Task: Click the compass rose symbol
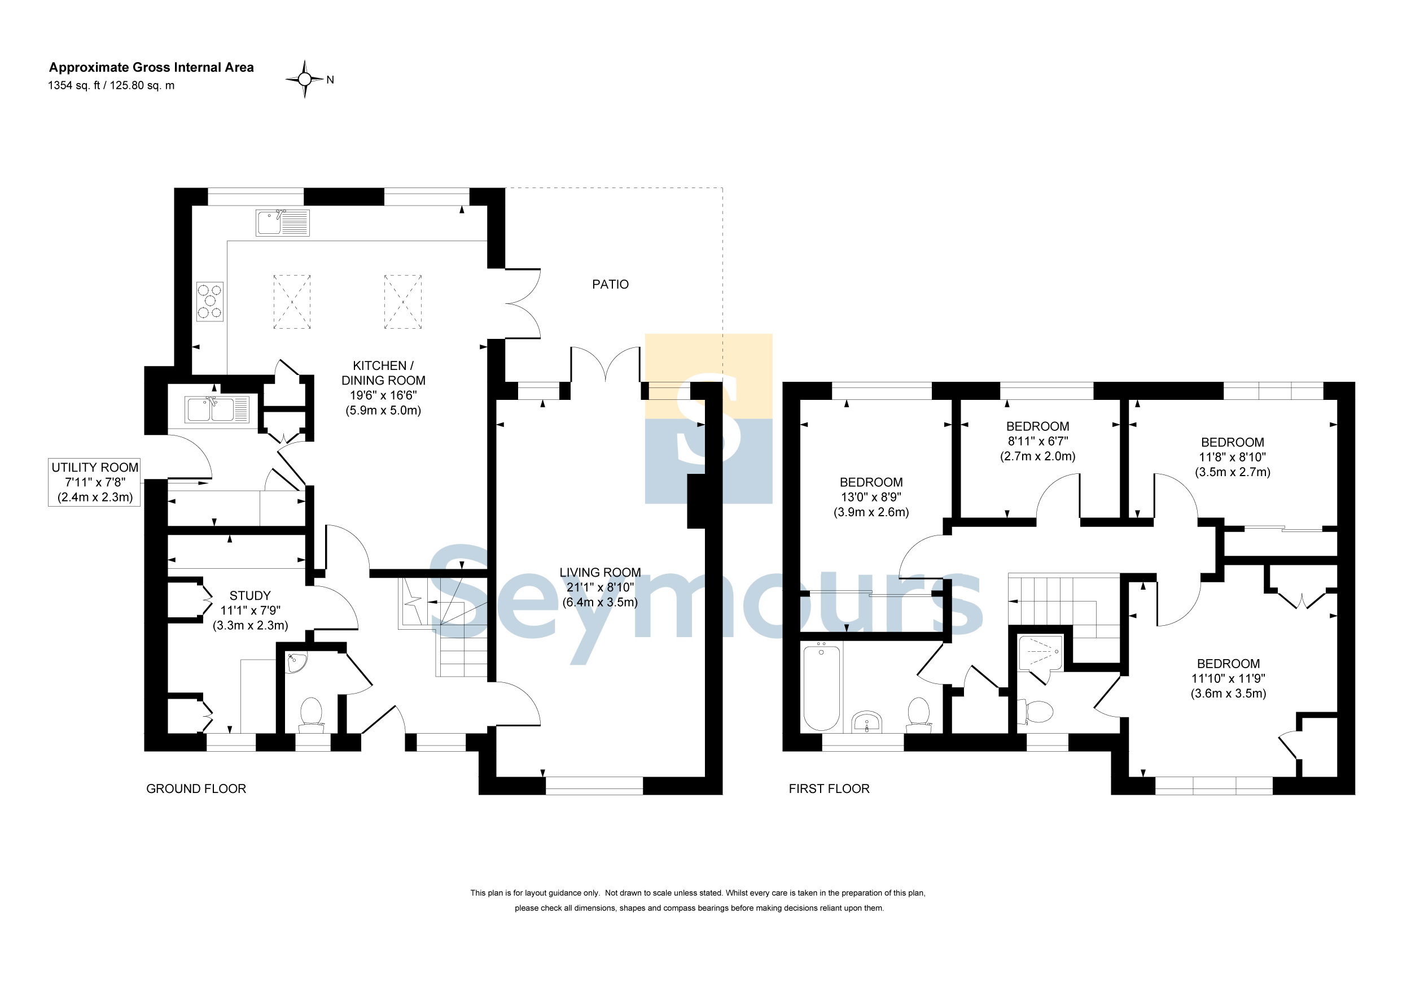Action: pos(304,79)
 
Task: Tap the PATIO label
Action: pos(610,284)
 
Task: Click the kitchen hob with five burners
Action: pos(209,301)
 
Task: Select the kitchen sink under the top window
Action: pos(283,223)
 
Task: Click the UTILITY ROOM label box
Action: pos(95,482)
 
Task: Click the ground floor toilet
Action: pos(312,714)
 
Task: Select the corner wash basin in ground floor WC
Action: pos(297,663)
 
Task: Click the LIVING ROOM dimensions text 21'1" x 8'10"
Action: pos(600,587)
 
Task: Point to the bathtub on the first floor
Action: pos(822,687)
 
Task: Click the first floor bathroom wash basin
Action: pos(866,722)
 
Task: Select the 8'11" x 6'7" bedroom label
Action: pos(1038,441)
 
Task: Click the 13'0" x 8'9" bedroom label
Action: pos(871,497)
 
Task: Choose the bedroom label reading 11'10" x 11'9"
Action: pos(1229,678)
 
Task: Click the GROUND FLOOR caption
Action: pos(196,788)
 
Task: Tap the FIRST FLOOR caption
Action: pos(829,788)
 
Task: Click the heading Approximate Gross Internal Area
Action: pos(151,67)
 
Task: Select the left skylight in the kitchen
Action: pos(292,301)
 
